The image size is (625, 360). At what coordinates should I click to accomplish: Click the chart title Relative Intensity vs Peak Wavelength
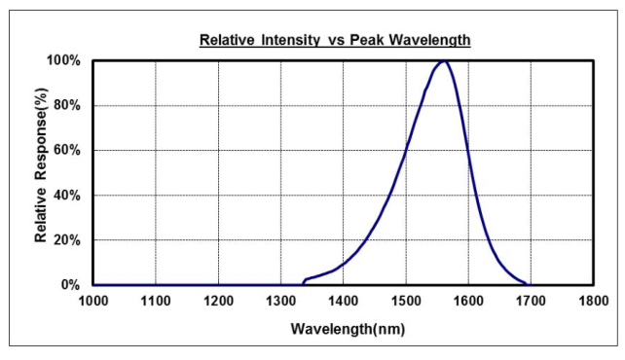(335, 40)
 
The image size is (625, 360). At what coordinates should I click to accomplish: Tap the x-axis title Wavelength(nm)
(348, 329)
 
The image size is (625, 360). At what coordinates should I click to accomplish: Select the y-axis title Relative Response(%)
(41, 165)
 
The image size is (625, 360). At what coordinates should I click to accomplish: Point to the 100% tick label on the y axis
(64, 60)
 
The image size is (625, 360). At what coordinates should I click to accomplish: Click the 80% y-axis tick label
(66, 105)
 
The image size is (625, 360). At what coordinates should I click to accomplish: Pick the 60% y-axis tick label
(66, 151)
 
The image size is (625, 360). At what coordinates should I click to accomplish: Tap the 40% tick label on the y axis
(66, 196)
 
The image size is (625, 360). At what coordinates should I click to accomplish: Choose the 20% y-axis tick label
(66, 240)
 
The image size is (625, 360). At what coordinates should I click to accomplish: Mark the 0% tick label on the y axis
(70, 285)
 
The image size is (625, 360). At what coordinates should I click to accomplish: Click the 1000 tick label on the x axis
(93, 301)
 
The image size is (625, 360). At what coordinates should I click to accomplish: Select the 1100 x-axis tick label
(156, 301)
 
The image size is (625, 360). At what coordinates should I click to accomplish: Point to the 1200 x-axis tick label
(218, 301)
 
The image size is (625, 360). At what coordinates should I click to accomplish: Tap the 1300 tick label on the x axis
(280, 301)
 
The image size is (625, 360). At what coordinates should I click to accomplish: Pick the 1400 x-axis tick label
(344, 301)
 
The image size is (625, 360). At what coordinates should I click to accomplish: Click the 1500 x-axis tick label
(406, 301)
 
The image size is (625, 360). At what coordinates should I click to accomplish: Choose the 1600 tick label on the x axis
(468, 301)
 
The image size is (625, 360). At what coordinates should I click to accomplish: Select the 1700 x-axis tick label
(531, 301)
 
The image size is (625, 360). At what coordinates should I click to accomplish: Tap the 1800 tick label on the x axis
(594, 301)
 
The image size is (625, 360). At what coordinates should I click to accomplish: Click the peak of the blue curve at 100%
(443, 61)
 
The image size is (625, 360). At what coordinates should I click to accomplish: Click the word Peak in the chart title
(367, 40)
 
